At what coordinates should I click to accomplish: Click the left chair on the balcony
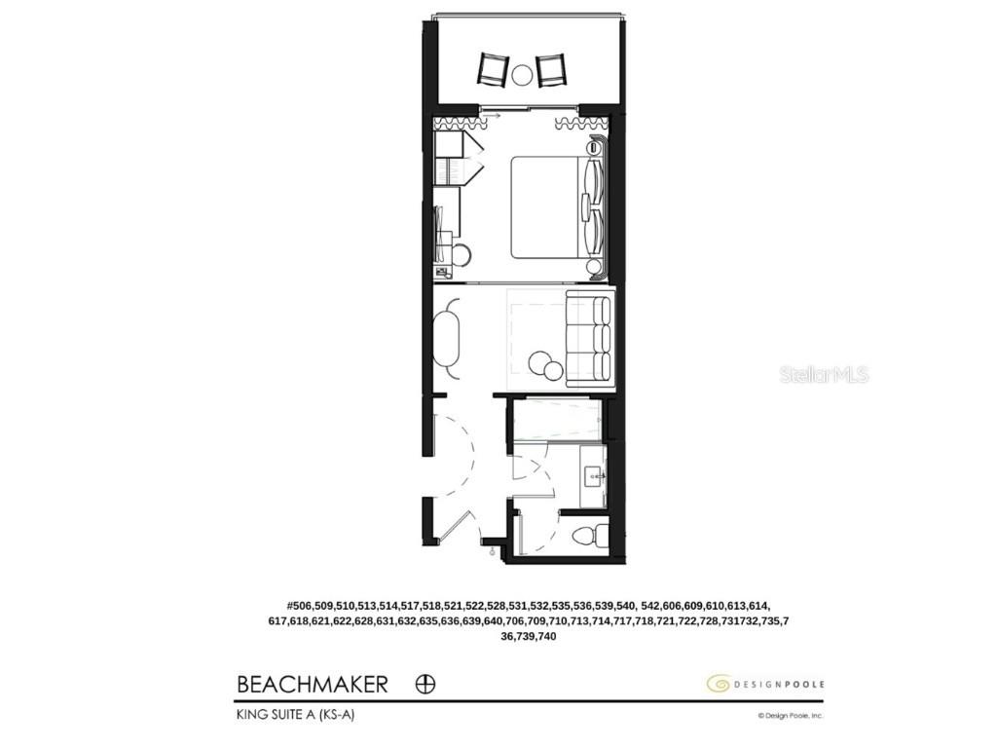[x=493, y=69]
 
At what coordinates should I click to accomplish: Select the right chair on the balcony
[x=551, y=69]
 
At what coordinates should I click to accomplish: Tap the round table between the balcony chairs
[x=523, y=72]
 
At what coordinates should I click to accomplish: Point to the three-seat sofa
[x=589, y=338]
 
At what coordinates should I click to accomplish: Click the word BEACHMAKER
[x=312, y=684]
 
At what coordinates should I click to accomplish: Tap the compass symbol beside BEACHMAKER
[x=425, y=684]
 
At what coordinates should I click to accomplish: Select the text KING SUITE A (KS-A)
[x=290, y=715]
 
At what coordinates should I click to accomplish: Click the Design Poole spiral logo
[x=718, y=684]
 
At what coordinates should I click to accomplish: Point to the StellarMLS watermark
[x=824, y=374]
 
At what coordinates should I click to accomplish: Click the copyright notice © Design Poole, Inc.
[x=791, y=716]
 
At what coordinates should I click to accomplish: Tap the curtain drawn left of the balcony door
[x=458, y=124]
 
